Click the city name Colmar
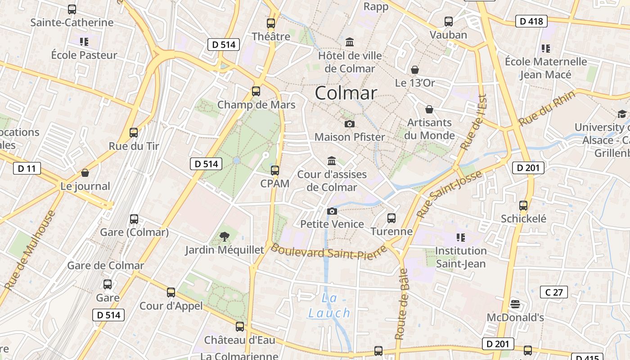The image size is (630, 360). [x=346, y=93]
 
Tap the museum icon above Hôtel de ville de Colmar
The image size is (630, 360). [x=350, y=42]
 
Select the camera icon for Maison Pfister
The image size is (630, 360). [x=349, y=124]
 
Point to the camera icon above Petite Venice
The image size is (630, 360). [x=332, y=211]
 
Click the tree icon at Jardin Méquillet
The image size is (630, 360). [x=224, y=236]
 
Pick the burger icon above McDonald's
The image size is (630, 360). [x=515, y=305]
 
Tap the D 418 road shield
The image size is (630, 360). [x=531, y=21]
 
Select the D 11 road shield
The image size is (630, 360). [x=27, y=169]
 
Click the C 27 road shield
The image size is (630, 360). [x=554, y=292]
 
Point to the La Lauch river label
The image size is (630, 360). [x=329, y=306]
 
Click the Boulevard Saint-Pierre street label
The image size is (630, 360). [x=328, y=252]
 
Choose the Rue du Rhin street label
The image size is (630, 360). [x=546, y=108]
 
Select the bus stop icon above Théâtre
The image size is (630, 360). [x=270, y=23]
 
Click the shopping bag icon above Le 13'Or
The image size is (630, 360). [x=415, y=70]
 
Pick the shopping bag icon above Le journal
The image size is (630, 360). [x=85, y=173]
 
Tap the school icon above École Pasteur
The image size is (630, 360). [x=84, y=42]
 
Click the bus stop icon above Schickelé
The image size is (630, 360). [x=523, y=206]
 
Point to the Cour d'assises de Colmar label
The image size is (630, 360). [x=332, y=180]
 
